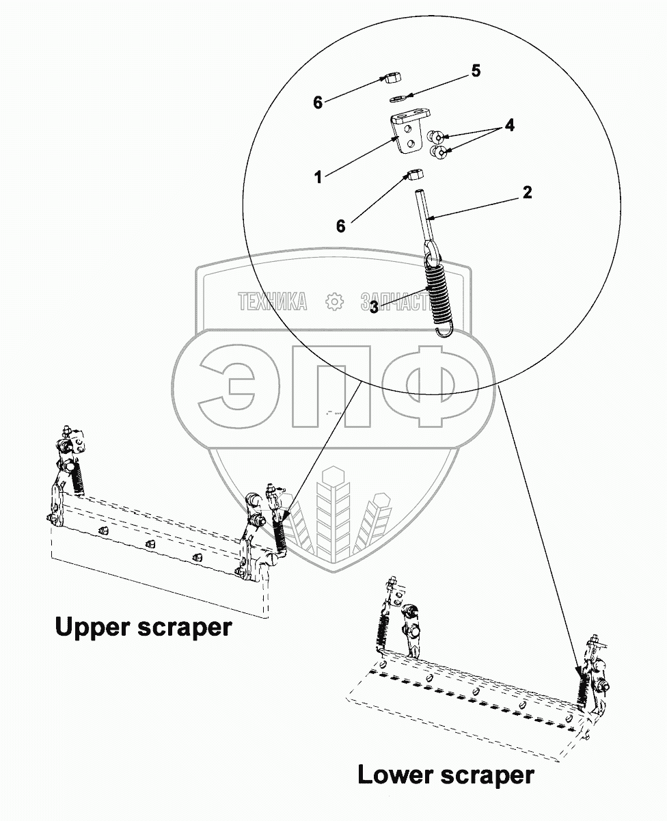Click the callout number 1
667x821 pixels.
pos(318,178)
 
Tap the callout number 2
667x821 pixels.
pos(527,192)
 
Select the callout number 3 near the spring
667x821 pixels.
pos(374,308)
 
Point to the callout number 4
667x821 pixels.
pos(509,126)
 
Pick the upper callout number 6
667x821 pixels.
pos(318,103)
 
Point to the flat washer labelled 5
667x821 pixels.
pos(398,98)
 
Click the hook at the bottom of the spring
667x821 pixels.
pos(444,331)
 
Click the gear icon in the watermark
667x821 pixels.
pos(333,301)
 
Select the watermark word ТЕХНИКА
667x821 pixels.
pos(272,301)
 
